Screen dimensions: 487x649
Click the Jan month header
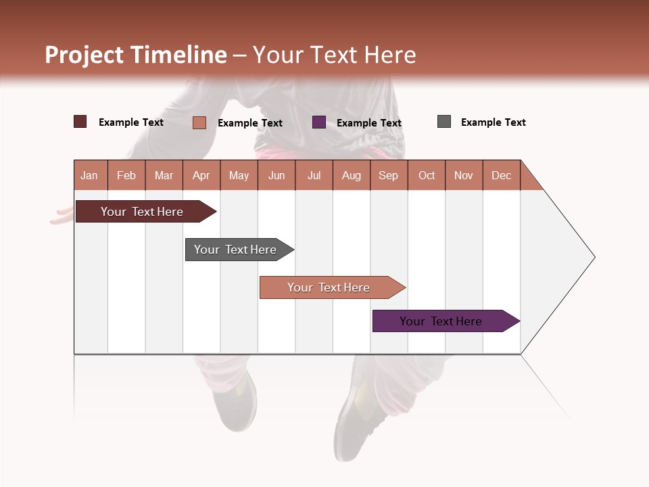coord(90,175)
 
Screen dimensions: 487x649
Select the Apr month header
coord(201,175)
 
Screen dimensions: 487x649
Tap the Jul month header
coord(314,175)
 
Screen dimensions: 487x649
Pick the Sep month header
coord(388,175)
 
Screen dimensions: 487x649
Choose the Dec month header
coord(501,175)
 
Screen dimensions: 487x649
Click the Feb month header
coord(126,175)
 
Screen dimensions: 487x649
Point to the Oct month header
coord(426,175)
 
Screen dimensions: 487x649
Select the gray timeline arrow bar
coord(237,250)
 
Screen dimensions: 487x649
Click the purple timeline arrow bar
coord(443,321)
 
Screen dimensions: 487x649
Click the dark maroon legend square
coord(80,122)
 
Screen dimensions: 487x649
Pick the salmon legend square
coord(199,122)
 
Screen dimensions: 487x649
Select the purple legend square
coord(318,122)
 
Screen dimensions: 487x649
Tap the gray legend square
coord(443,122)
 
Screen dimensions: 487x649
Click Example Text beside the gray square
coord(493,122)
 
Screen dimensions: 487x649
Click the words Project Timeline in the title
coord(135,55)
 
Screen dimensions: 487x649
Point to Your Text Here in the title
coord(334,55)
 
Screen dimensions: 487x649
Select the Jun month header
coord(276,175)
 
